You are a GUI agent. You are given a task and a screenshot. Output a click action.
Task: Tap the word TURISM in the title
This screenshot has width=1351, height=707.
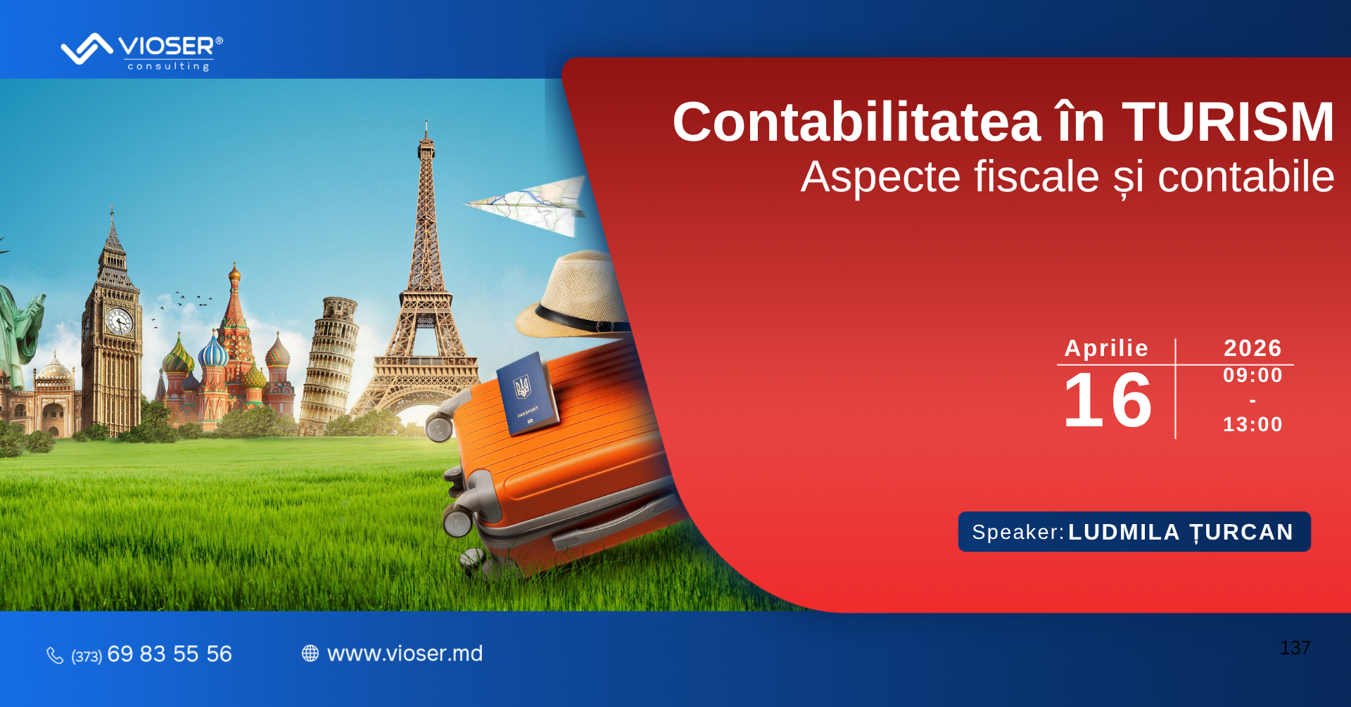[x=1228, y=122]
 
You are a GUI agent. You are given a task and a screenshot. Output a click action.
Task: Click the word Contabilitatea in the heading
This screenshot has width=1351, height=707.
[x=856, y=122]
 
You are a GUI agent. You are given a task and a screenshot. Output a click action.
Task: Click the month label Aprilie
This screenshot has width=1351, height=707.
[x=1106, y=348]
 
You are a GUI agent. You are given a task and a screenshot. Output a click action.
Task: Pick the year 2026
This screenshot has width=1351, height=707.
[x=1252, y=348]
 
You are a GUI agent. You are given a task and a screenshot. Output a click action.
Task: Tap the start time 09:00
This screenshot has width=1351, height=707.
[x=1252, y=375]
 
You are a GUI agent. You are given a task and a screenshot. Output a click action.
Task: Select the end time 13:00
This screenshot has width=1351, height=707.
[x=1252, y=424]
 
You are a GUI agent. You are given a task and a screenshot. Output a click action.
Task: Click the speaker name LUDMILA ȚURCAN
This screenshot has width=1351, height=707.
[x=1181, y=533]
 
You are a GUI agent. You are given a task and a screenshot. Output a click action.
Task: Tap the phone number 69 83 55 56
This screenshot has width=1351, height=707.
[x=170, y=654]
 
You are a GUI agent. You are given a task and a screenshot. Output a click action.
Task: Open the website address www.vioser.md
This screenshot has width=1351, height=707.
[x=405, y=654]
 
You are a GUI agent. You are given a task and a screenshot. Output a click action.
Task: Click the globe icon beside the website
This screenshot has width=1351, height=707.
[x=310, y=654]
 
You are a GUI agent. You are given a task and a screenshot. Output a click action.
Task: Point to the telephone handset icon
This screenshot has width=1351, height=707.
[x=55, y=655]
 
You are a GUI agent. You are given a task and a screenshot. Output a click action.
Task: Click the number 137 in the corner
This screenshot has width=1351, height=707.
[x=1295, y=648]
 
